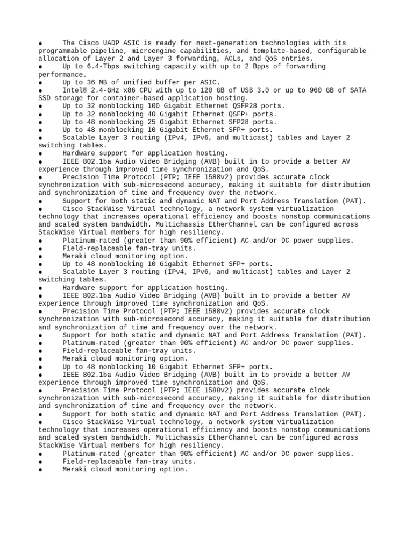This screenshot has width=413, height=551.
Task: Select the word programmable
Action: [x=62, y=51]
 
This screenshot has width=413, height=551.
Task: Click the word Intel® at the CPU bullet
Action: [x=74, y=90]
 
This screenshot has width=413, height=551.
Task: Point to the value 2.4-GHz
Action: [x=104, y=90]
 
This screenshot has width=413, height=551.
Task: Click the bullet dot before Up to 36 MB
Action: [x=41, y=83]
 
